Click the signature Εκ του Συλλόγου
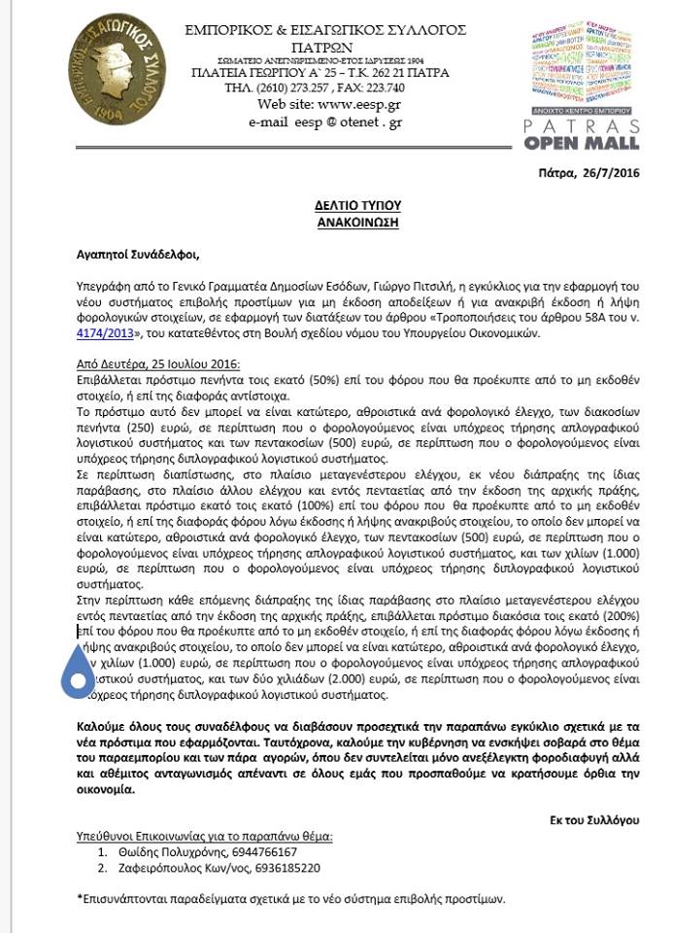594,819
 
